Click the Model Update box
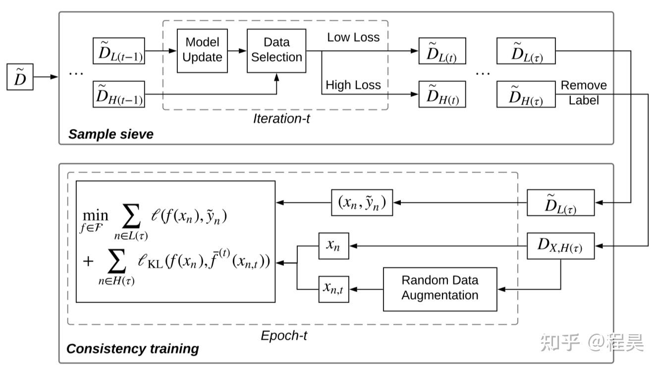tap(202, 50)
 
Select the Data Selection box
tap(276, 50)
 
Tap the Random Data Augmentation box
tap(440, 289)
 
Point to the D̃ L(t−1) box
tap(119, 51)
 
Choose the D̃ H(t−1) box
tap(119, 94)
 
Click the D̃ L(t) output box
tap(442, 51)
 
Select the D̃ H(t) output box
tap(442, 94)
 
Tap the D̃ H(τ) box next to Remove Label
tap(526, 94)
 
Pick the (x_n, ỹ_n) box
tap(362, 202)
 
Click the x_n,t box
tap(333, 289)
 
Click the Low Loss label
tap(353, 37)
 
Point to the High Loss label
tap(353, 85)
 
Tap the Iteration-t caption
tap(281, 119)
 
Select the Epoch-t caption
tap(284, 336)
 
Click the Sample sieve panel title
tap(111, 134)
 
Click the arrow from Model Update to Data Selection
tap(237, 51)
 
